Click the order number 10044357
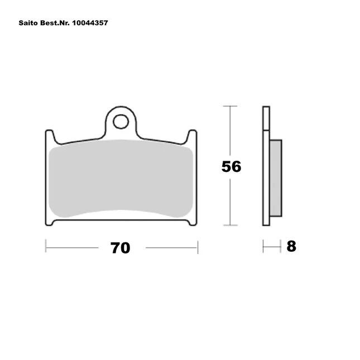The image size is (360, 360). (x=90, y=23)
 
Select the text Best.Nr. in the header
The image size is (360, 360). (x=55, y=23)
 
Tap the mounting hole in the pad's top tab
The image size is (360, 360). (x=121, y=122)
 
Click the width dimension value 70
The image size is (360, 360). (x=121, y=248)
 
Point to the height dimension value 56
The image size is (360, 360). (x=231, y=166)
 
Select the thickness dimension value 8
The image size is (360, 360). (x=291, y=246)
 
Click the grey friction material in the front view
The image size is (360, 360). (x=121, y=178)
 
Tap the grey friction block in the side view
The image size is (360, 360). (x=276, y=178)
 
